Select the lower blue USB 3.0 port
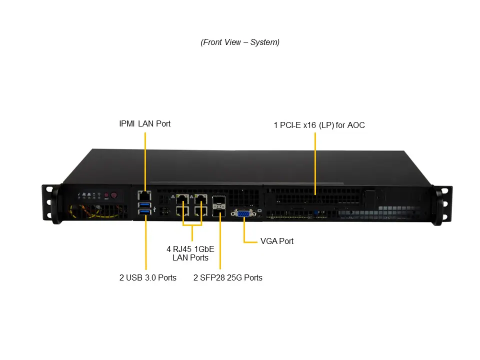pyautogui.click(x=144, y=214)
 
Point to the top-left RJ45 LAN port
pyautogui.click(x=181, y=199)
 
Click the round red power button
pyautogui.click(x=113, y=195)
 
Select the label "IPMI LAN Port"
pyautogui.click(x=144, y=123)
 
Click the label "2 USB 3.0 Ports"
pyautogui.click(x=148, y=277)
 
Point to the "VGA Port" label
pyautogui.click(x=277, y=241)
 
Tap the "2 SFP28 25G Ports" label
pyautogui.click(x=228, y=277)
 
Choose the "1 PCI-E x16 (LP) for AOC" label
pyautogui.click(x=319, y=125)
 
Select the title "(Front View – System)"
pyautogui.click(x=240, y=42)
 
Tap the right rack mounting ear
pyautogui.click(x=443, y=204)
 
